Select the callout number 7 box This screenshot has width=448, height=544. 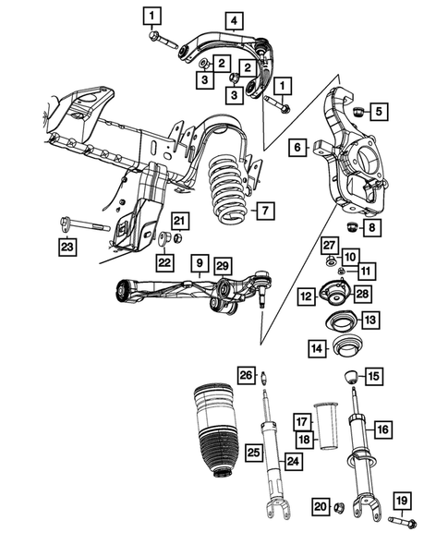point(264,212)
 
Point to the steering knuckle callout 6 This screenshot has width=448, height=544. point(297,147)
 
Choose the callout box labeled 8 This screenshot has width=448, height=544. point(371,226)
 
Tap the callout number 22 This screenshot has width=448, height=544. point(164,262)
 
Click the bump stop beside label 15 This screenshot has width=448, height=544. point(352,377)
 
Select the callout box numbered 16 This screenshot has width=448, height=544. point(381,429)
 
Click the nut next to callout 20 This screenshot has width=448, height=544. point(339,507)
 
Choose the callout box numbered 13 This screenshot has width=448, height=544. point(369,320)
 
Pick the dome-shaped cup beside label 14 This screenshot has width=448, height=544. point(347,349)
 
